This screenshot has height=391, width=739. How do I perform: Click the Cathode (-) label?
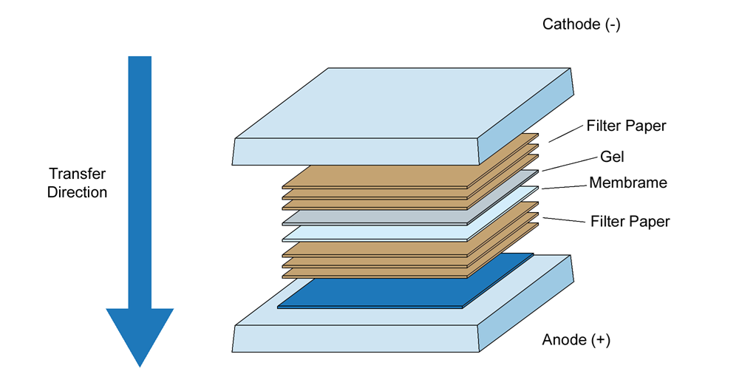click(x=582, y=24)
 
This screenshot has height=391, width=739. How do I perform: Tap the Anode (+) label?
click(x=576, y=340)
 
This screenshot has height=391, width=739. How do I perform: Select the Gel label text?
click(x=613, y=157)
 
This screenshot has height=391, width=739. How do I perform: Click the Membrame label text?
click(x=628, y=183)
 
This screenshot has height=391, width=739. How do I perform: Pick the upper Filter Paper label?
click(x=626, y=126)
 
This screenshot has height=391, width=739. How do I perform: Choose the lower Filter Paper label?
click(x=630, y=221)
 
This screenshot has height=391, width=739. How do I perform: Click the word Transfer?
click(x=78, y=174)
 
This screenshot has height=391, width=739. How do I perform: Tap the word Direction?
click(x=78, y=193)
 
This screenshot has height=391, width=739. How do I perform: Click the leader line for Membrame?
click(x=565, y=186)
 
